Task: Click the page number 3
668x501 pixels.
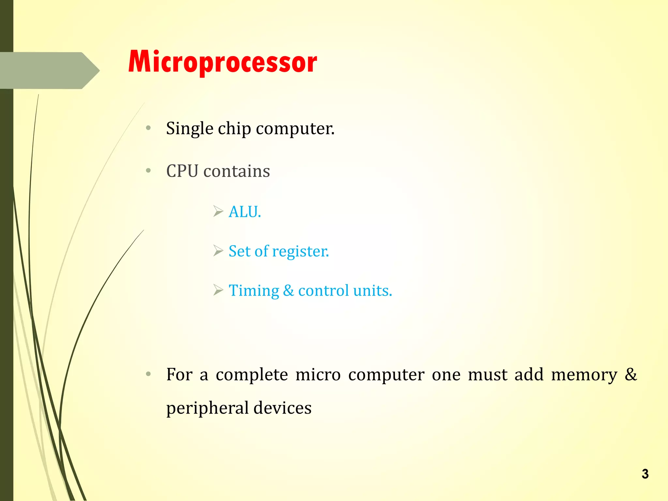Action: [x=645, y=474]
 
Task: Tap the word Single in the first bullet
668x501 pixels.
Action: [x=190, y=129]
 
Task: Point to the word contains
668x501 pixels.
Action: [x=236, y=171]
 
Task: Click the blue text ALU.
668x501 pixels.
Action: [x=245, y=212]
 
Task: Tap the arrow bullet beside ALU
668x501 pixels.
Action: [x=218, y=211]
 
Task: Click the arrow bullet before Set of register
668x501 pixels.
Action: [x=218, y=250]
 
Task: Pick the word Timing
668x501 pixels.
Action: [x=254, y=291]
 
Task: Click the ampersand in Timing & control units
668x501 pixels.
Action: [x=288, y=290]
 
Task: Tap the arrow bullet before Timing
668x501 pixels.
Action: [x=218, y=290]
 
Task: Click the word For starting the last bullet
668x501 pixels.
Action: [x=179, y=374]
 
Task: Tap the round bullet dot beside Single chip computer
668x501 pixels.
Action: [x=148, y=128]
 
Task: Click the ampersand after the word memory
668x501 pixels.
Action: [x=630, y=374]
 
